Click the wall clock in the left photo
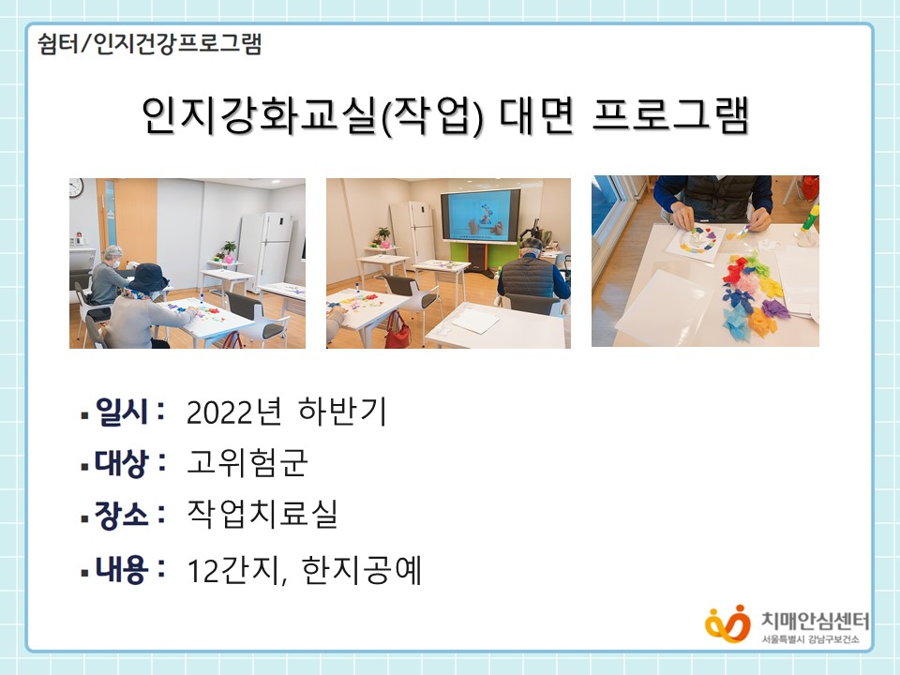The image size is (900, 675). click(x=76, y=187)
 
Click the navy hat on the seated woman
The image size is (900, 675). click(x=148, y=277)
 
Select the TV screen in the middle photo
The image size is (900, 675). click(x=480, y=216)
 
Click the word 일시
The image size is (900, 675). click(x=122, y=411)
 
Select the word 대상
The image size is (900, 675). click(x=122, y=462)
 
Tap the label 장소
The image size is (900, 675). click(x=122, y=515)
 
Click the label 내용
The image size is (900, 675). click(x=122, y=569)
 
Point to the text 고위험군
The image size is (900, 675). click(x=247, y=462)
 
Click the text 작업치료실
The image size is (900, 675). click(x=262, y=514)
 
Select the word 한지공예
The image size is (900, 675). click(x=362, y=569)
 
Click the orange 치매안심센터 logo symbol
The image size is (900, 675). click(x=727, y=624)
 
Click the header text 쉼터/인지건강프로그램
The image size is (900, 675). click(x=149, y=44)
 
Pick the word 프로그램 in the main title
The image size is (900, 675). click(x=670, y=114)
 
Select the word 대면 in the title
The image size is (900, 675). click(x=536, y=114)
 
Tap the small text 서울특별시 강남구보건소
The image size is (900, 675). click(x=811, y=639)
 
